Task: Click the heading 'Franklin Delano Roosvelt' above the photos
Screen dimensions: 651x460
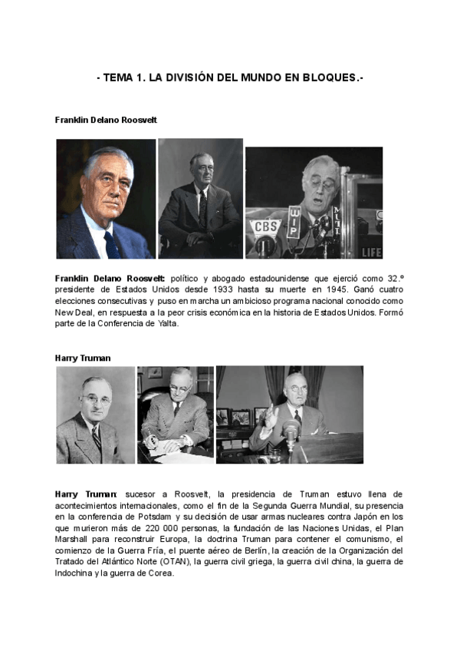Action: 106,121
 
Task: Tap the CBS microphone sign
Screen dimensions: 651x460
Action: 266,228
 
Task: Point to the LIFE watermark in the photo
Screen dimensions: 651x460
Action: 370,252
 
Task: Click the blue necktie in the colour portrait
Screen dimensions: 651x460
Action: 111,243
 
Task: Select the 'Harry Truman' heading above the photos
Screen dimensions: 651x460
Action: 83,358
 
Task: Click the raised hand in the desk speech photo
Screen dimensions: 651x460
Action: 270,416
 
